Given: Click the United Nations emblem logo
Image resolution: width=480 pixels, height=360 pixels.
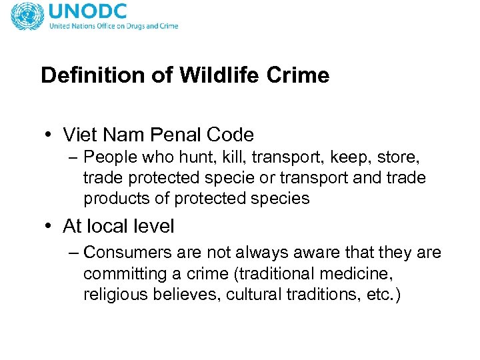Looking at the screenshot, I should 27,15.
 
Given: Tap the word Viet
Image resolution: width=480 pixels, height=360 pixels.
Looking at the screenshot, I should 79,135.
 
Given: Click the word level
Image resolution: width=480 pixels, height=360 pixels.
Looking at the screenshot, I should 152,227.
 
